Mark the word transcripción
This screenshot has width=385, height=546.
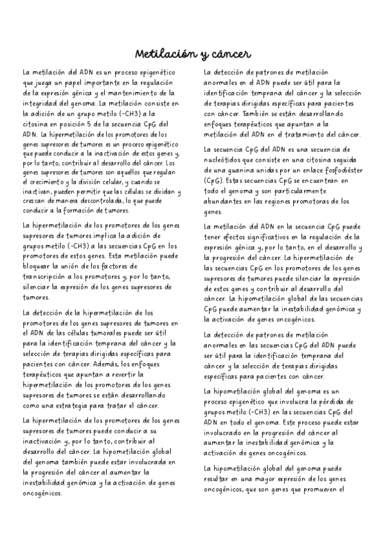(x=47, y=277)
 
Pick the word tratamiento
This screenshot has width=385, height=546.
(x=290, y=134)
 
